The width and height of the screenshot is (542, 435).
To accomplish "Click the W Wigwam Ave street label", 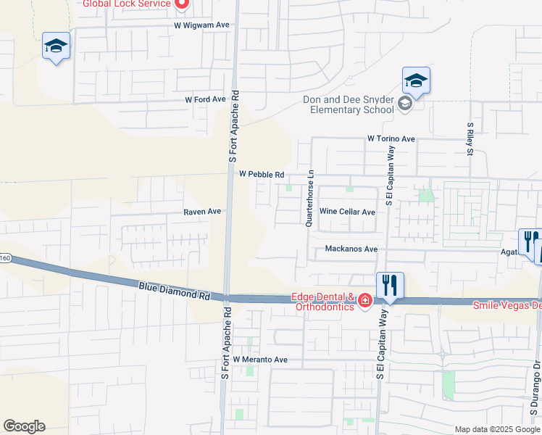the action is click(201, 25).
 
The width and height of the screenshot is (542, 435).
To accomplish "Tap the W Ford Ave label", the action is click(206, 99).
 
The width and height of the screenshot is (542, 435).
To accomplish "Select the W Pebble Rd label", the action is click(261, 175).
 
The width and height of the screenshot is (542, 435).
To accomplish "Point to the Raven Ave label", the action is click(202, 212).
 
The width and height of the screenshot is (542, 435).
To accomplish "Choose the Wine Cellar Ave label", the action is click(348, 212).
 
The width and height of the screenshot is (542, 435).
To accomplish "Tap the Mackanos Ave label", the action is click(351, 249).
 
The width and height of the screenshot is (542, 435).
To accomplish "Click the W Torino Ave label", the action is click(391, 138).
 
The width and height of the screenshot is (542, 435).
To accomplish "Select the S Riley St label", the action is click(470, 139).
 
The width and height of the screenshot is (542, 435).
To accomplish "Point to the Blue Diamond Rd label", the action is click(174, 291).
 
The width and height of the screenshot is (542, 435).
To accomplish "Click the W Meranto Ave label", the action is click(260, 360).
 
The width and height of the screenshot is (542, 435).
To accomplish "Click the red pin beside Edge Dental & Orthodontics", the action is click(364, 300).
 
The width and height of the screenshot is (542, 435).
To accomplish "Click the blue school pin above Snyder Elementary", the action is click(416, 82).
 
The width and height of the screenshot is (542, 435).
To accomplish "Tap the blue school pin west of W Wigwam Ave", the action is click(56, 47).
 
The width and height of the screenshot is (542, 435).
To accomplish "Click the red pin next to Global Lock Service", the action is click(181, 4).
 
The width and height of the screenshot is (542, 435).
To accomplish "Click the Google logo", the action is click(24, 426).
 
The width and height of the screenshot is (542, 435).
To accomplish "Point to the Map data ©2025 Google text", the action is click(497, 429).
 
